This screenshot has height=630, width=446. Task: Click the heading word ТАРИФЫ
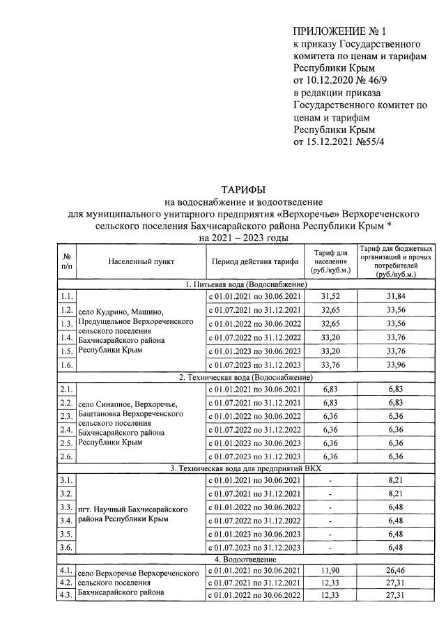coord(243,190)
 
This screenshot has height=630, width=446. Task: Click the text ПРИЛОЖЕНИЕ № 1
coord(339,31)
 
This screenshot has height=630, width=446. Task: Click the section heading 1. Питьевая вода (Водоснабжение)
coord(243,284)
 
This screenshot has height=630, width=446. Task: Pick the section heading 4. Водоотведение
coord(243,560)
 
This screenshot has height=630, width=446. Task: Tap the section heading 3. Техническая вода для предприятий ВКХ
coord(243,468)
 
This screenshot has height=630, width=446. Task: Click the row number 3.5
coord(67,534)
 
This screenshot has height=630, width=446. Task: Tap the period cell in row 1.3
coord(254,324)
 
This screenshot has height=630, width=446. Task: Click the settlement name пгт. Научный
coord(106,509)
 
